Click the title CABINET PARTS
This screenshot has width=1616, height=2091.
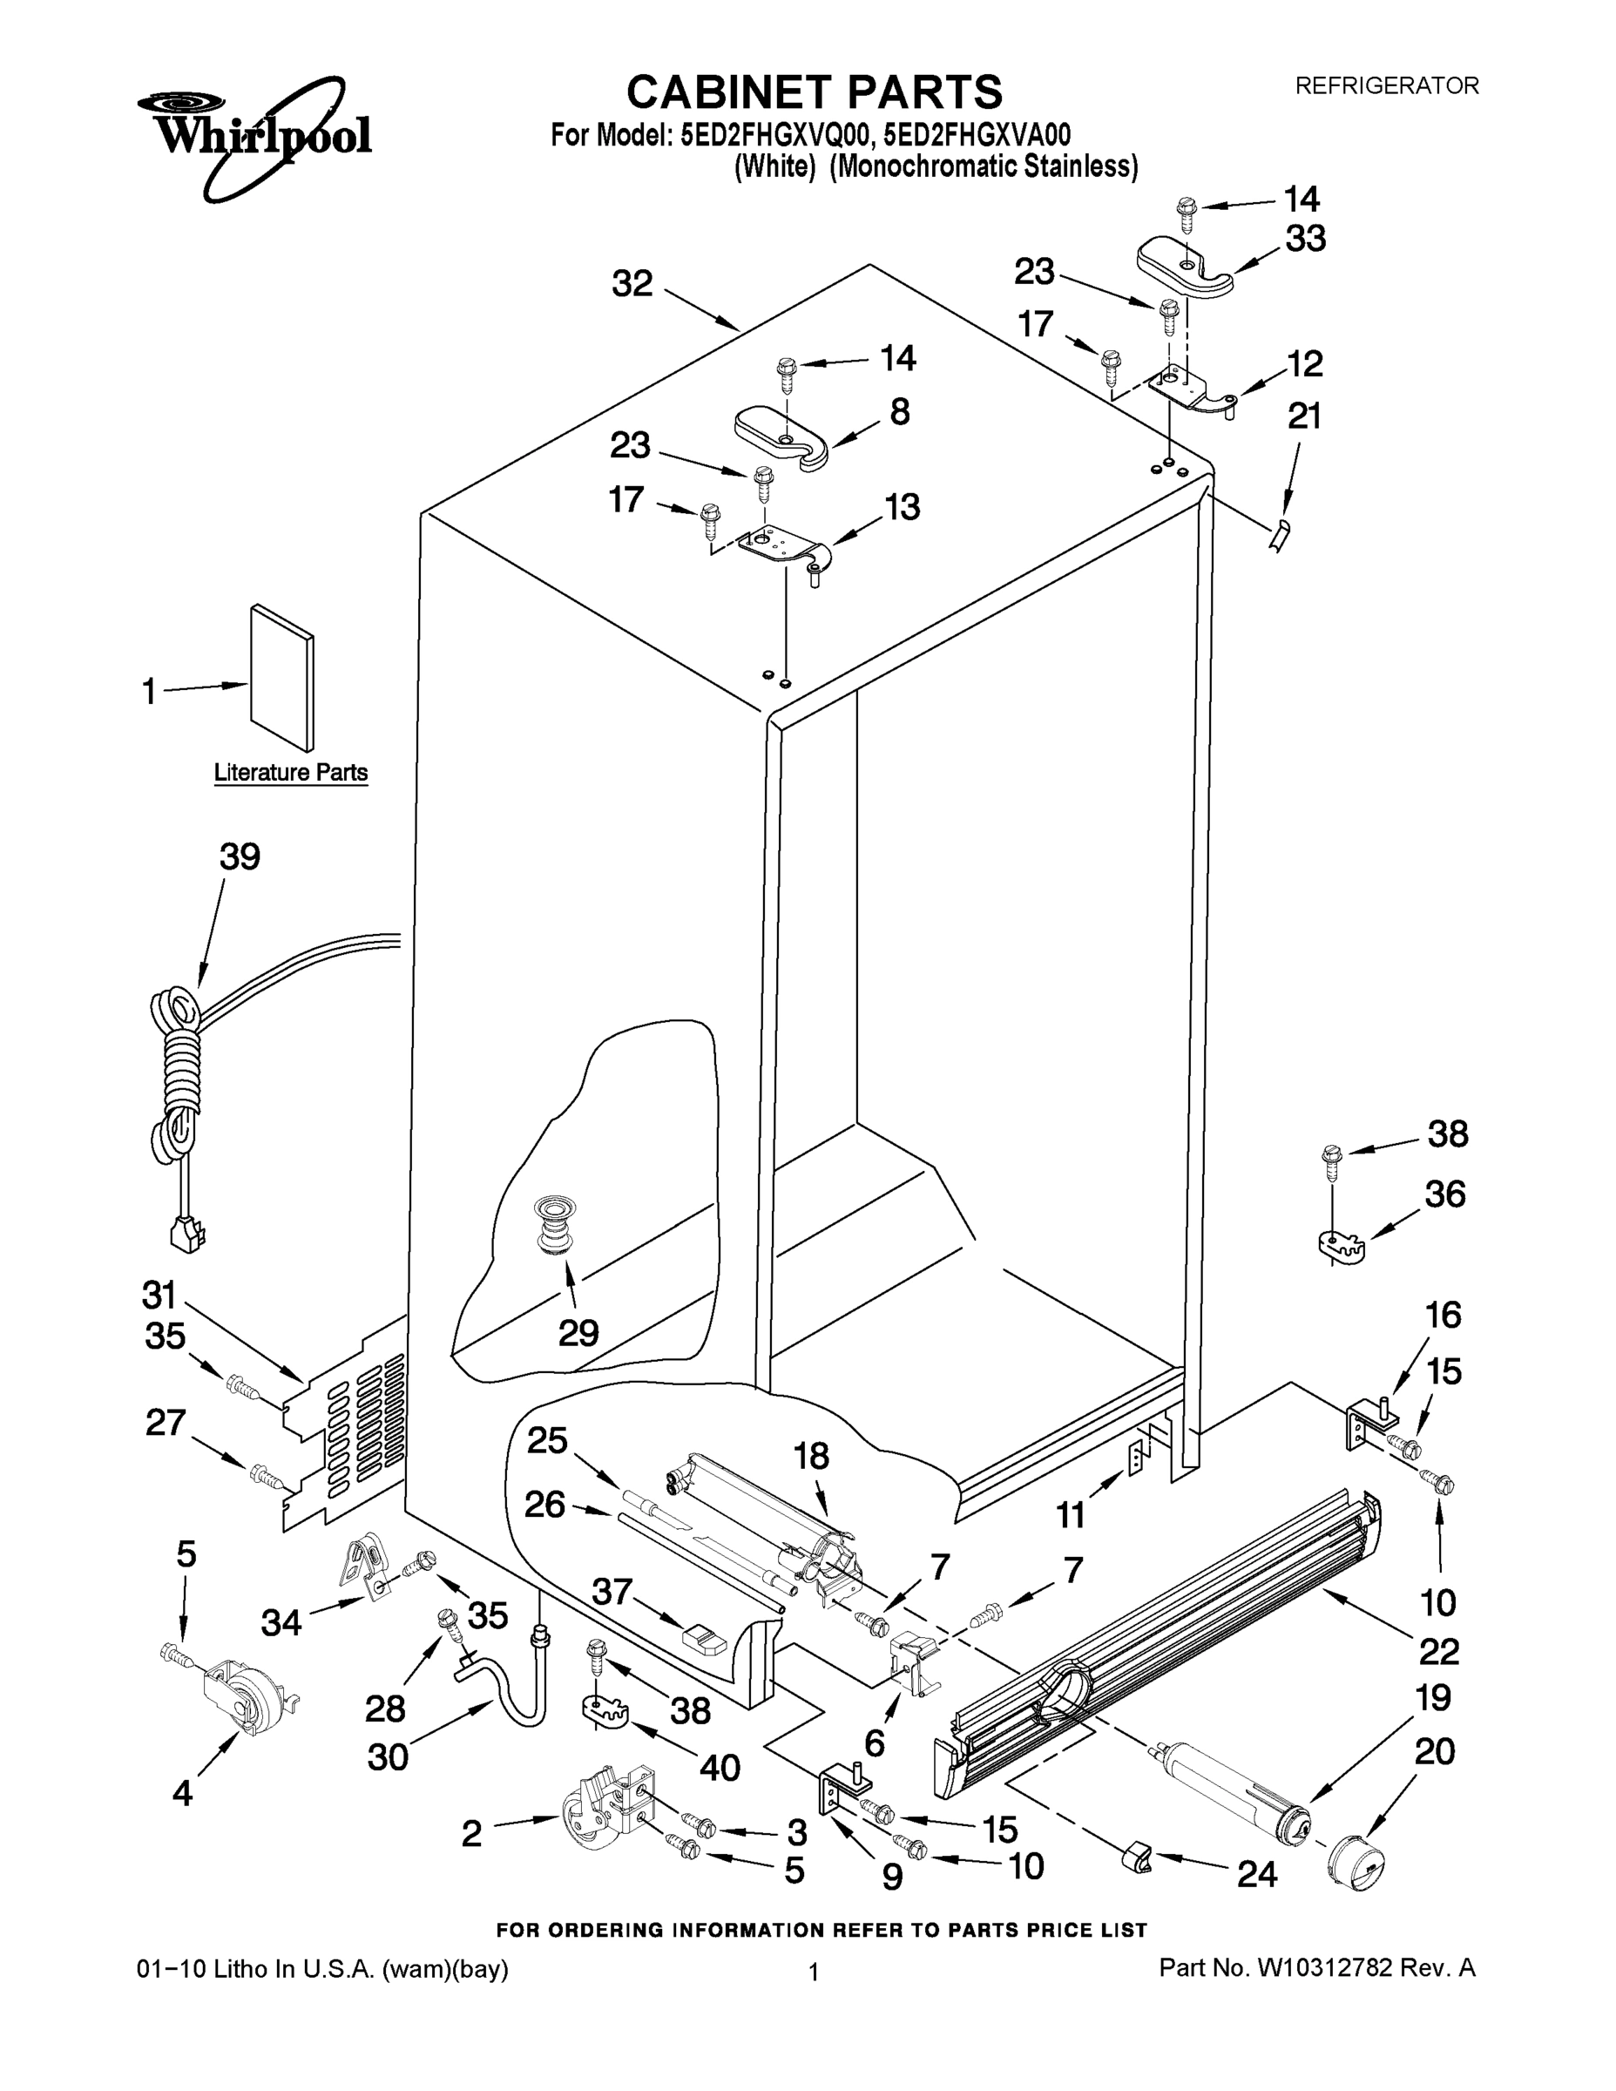814,93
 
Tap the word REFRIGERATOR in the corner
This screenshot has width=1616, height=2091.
1386,86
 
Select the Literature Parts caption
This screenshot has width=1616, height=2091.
290,773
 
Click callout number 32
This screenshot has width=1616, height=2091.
632,283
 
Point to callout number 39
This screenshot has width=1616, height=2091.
240,857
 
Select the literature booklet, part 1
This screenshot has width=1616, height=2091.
281,677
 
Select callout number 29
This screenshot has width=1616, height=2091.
578,1332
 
